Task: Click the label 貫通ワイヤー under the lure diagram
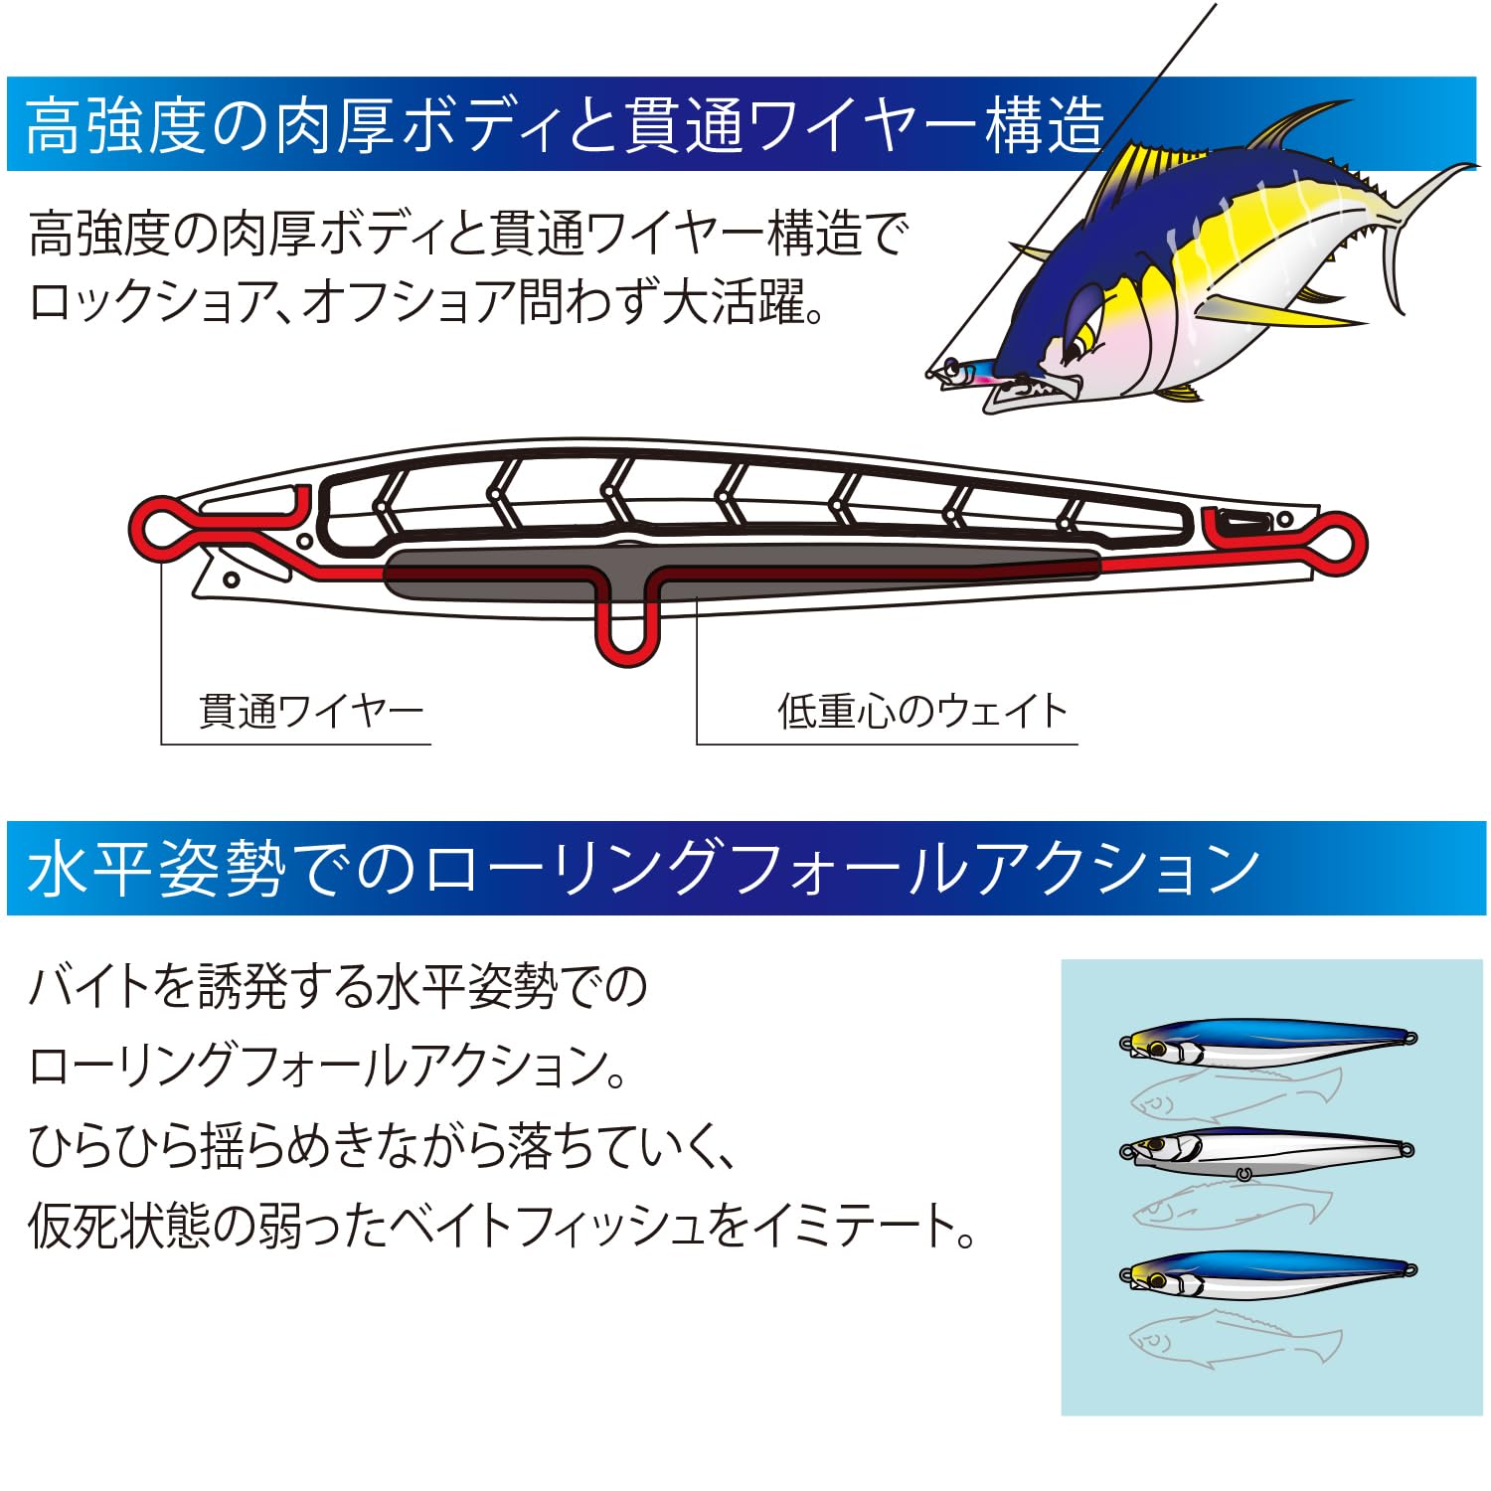click(x=311, y=712)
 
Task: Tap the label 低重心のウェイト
click(x=921, y=712)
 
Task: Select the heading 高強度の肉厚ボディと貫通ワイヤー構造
click(x=565, y=125)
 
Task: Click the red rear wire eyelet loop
click(x=1337, y=542)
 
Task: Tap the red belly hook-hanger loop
click(x=627, y=636)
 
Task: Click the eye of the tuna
click(x=1077, y=344)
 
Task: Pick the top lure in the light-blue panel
click(x=1267, y=1042)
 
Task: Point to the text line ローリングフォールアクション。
click(x=328, y=1066)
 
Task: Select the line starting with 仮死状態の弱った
click(x=502, y=1226)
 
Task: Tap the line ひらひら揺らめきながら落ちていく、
click(x=383, y=1145)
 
